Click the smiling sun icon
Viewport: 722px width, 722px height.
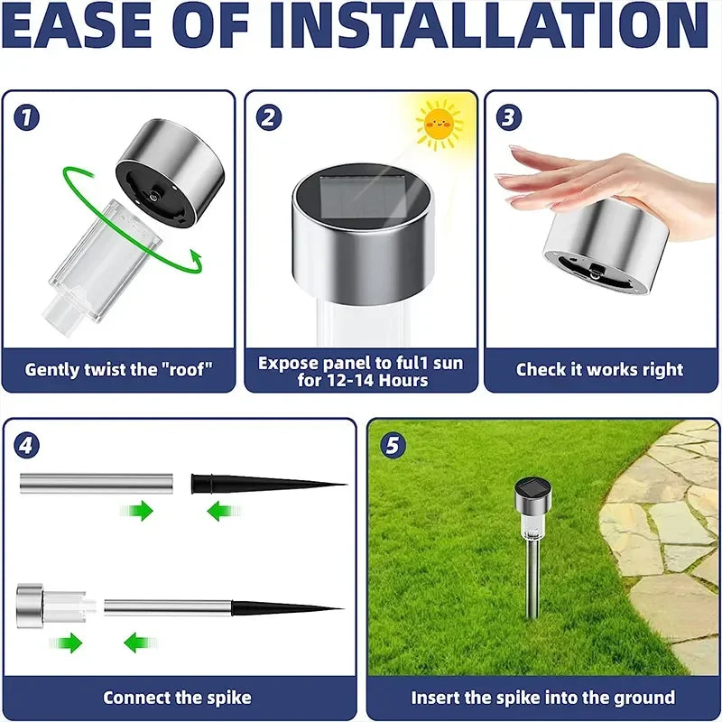[x=440, y=124]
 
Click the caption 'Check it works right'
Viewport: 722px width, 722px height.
[x=599, y=369]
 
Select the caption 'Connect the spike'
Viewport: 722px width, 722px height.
[x=177, y=698]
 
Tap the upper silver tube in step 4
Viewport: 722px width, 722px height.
[x=94, y=484]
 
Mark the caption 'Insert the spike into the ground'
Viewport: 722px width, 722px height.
[x=542, y=698]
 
